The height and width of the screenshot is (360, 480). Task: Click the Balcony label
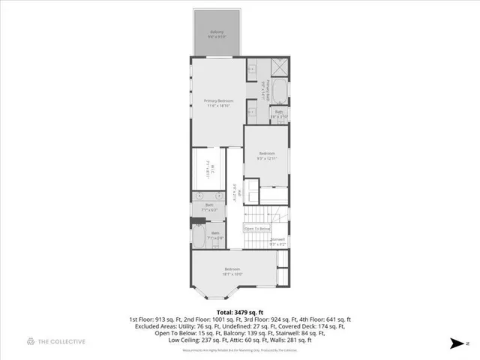(x=217, y=34)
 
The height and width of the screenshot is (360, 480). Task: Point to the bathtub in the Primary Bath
(x=278, y=92)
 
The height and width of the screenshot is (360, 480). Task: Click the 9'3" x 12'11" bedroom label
(x=267, y=156)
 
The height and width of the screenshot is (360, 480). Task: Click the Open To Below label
(x=256, y=228)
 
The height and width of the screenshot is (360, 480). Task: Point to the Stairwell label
(x=277, y=241)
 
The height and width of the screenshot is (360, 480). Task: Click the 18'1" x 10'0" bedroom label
(x=232, y=271)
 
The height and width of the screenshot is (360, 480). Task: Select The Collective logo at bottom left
(x=56, y=342)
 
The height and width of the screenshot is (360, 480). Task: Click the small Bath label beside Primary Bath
(x=278, y=115)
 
